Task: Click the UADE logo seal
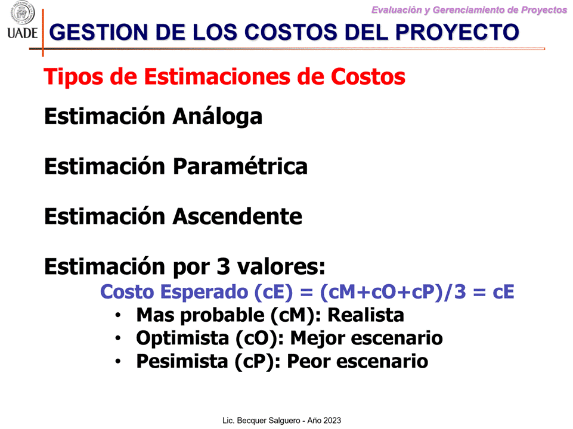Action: click(23, 13)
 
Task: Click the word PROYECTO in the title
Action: click(457, 32)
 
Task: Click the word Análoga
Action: click(218, 116)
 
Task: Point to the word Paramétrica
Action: click(240, 166)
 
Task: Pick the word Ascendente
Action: click(237, 216)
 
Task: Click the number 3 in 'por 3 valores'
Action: click(223, 266)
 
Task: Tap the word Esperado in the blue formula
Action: click(205, 292)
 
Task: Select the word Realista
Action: click(366, 315)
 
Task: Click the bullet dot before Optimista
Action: click(117, 338)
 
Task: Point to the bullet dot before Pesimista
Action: click(117, 362)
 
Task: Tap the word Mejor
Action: click(317, 338)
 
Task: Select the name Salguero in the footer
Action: click(284, 421)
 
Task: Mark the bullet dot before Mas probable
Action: click(117, 315)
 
